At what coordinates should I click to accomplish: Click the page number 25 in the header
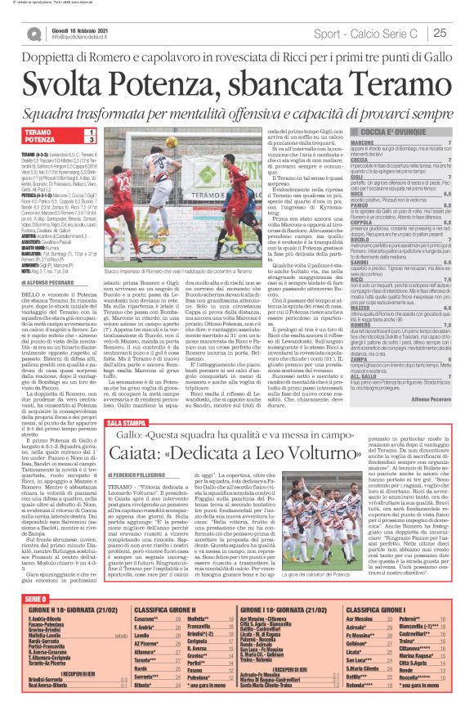pyautogui.click(x=438, y=33)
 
